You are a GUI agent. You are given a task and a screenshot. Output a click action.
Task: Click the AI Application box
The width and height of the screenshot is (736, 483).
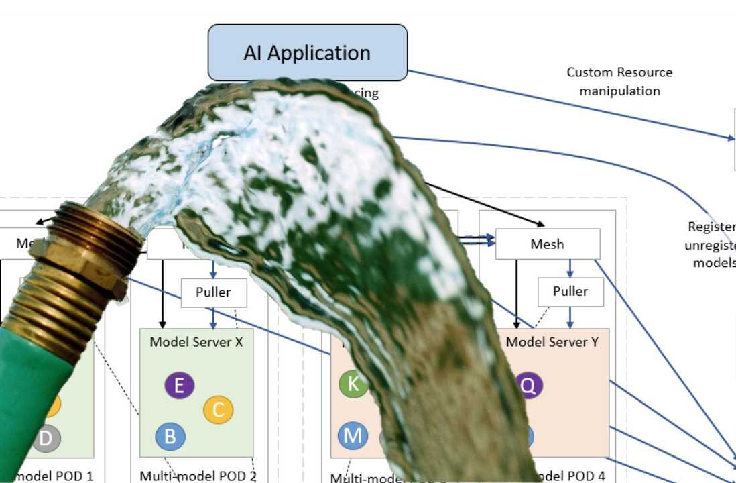308,53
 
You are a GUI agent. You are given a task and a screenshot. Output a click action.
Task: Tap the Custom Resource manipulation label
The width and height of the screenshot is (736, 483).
619,81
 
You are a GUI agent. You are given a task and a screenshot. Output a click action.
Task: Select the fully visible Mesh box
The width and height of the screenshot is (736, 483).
547,244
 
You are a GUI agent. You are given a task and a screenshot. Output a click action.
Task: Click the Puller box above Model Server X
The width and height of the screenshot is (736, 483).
214,292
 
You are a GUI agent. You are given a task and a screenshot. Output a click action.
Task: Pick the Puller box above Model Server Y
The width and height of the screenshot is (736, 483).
570,292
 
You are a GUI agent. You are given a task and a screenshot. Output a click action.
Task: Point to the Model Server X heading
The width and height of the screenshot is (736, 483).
196,342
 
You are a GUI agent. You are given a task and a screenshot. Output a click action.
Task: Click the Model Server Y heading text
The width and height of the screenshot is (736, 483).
552,342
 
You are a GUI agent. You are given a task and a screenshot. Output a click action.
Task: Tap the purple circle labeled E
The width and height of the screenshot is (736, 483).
179,386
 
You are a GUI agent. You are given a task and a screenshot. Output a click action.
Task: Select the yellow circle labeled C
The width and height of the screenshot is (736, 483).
218,409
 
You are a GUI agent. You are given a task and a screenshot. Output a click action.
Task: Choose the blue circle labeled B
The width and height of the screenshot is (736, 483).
170,437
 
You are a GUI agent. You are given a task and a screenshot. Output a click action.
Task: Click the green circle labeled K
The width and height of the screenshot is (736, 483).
353,384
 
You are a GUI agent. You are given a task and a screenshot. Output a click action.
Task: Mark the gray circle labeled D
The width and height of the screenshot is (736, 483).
46,438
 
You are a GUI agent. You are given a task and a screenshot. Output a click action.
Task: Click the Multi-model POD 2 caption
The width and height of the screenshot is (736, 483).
197,476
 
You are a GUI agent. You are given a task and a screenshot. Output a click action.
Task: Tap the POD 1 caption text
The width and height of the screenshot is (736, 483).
57,476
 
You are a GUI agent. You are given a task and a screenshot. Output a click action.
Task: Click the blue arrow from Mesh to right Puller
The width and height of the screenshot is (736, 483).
570,269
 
